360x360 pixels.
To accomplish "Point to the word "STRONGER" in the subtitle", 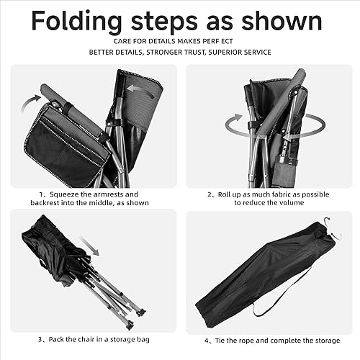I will [x=168, y=53].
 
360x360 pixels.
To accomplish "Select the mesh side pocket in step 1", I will [x=64, y=148].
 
